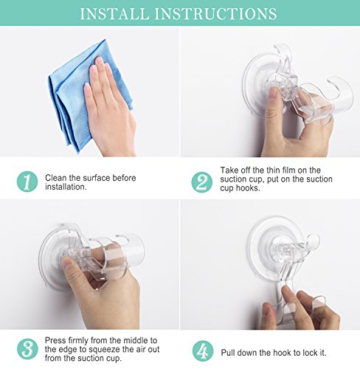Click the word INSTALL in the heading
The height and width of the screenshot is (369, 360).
[x=114, y=13]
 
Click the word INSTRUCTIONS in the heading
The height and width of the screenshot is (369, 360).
[x=215, y=13]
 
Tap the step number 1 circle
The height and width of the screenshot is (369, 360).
[x=27, y=182]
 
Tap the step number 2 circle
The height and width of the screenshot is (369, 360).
[x=202, y=182]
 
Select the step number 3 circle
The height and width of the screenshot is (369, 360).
[x=27, y=349]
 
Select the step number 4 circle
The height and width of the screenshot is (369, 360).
[x=203, y=351]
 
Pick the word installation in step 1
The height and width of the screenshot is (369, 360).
[x=66, y=187]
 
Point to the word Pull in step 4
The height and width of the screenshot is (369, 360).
[x=228, y=353]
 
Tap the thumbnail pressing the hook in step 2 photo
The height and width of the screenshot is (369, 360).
[x=273, y=94]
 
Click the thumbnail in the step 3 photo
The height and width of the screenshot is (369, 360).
[x=68, y=262]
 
